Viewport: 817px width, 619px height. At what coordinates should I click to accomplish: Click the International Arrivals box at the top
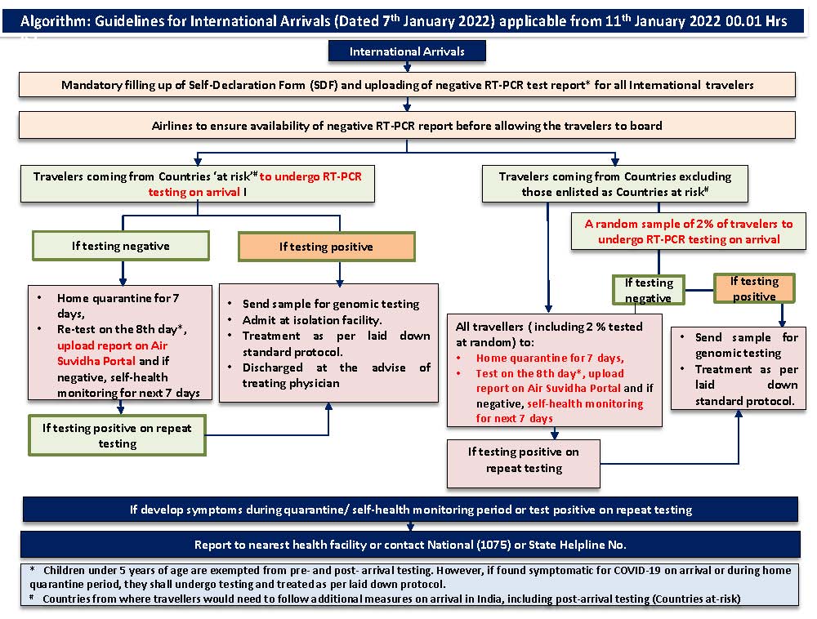pyautogui.click(x=407, y=51)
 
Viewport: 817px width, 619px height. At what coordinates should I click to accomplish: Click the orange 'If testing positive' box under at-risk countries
pyautogui.click(x=326, y=247)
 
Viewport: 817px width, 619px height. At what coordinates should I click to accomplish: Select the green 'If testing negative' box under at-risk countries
pyautogui.click(x=121, y=246)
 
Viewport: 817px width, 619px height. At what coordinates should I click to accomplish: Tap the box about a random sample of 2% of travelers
pyautogui.click(x=688, y=231)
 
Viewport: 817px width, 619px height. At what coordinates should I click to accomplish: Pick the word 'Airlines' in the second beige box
pyautogui.click(x=172, y=126)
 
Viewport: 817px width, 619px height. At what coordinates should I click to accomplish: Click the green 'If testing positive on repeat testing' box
pyautogui.click(x=117, y=435)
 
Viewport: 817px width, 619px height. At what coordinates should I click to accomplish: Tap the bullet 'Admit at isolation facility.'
pyautogui.click(x=312, y=320)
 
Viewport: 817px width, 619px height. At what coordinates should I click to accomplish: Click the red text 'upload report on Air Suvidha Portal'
pyautogui.click(x=112, y=353)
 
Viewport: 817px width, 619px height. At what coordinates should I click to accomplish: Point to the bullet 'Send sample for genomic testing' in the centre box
pyautogui.click(x=331, y=304)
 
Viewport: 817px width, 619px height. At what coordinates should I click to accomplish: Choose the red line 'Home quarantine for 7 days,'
pyautogui.click(x=550, y=358)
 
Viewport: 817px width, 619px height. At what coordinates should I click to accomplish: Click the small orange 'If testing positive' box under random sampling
pyautogui.click(x=754, y=288)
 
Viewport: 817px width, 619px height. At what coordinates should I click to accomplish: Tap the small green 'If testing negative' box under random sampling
pyautogui.click(x=648, y=290)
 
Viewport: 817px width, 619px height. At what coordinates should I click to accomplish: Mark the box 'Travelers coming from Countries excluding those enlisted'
pyautogui.click(x=615, y=184)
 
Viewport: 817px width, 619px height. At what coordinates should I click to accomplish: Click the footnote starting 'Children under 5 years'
pyautogui.click(x=410, y=577)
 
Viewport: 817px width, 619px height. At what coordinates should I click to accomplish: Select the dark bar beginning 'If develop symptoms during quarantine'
pyautogui.click(x=411, y=510)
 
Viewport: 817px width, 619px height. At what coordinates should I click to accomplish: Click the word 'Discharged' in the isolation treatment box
pyautogui.click(x=273, y=367)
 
